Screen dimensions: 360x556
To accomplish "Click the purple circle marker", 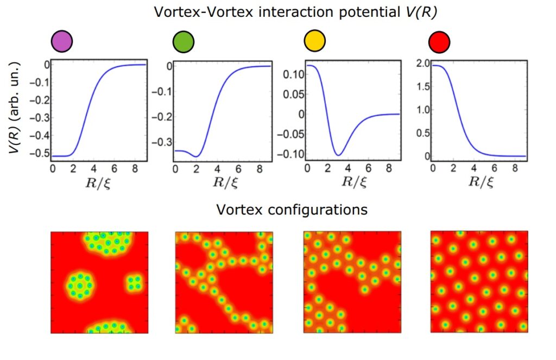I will [61, 42].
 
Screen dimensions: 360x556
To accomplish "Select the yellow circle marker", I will [314, 42].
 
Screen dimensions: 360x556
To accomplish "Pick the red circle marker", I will [439, 42].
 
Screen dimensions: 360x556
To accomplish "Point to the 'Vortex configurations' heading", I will [292, 209].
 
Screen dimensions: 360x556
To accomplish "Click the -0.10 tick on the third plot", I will [286, 154].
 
